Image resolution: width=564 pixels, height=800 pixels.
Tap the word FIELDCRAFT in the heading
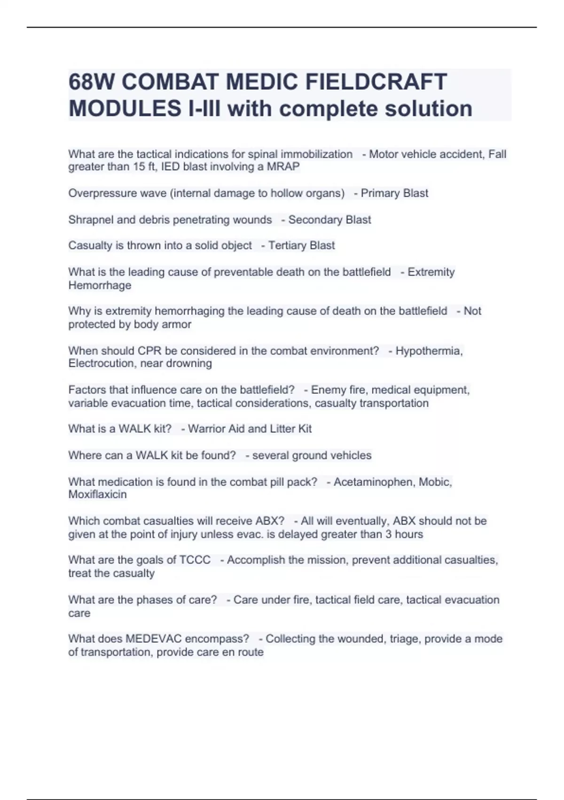tap(376, 82)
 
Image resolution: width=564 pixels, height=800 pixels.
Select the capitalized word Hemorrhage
tap(100, 285)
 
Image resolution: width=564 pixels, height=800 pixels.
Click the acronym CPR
tap(149, 351)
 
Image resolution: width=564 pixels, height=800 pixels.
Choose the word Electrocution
tap(101, 363)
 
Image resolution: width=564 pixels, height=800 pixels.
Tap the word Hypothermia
tap(429, 351)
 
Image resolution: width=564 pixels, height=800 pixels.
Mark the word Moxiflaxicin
tap(97, 494)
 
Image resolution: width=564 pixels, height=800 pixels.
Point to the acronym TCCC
tap(195, 560)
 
